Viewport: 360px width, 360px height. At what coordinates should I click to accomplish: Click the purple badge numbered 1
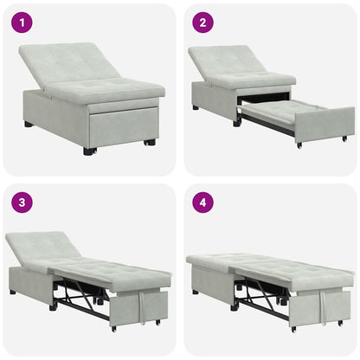pyautogui.click(x=21, y=22)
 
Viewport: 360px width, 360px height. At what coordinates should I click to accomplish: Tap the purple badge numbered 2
pyautogui.click(x=201, y=22)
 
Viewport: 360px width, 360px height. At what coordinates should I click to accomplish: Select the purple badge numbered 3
pyautogui.click(x=21, y=202)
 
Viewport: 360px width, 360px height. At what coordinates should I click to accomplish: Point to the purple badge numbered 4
pyautogui.click(x=201, y=202)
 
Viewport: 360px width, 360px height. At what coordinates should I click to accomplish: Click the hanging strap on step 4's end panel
pyautogui.click(x=322, y=304)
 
